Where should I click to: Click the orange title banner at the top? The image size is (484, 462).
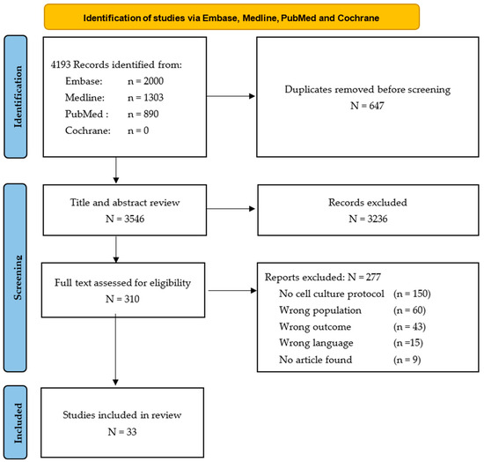231,17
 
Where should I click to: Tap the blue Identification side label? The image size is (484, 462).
16,96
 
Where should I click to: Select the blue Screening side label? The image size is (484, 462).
16,278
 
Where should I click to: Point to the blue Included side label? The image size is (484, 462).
16,422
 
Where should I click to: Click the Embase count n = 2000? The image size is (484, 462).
146,81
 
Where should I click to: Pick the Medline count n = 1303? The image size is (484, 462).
146,97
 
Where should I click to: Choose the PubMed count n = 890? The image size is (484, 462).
143,114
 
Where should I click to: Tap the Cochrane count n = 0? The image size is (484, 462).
138,130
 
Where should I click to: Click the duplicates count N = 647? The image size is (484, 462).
367,106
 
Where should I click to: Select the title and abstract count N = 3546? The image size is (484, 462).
125,219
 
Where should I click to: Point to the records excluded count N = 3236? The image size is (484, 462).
368,219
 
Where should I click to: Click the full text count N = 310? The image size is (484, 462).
122,299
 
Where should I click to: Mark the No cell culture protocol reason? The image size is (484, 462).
332,294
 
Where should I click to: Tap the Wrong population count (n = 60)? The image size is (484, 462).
409,309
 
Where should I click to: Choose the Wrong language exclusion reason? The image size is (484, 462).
316,343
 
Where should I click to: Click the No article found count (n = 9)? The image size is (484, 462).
407,360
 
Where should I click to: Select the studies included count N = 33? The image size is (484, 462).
122,431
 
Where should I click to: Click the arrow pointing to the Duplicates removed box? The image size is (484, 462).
231,96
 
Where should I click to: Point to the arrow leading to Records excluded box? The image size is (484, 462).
231,209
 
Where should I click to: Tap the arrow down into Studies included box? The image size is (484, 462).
115,349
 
